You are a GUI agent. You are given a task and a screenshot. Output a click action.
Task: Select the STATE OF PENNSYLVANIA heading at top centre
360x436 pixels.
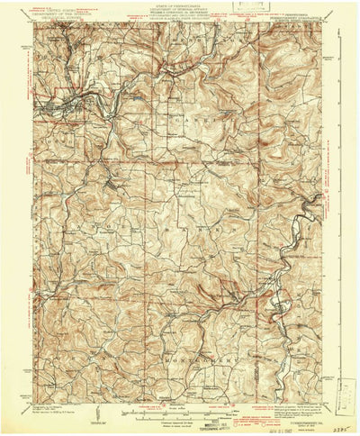pyautogui.click(x=180, y=7)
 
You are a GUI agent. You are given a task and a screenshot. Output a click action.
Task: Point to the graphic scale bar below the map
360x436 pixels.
pyautogui.click(x=180, y=413)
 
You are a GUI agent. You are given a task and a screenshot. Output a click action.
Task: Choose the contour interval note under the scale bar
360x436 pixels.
pyautogui.click(x=180, y=420)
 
